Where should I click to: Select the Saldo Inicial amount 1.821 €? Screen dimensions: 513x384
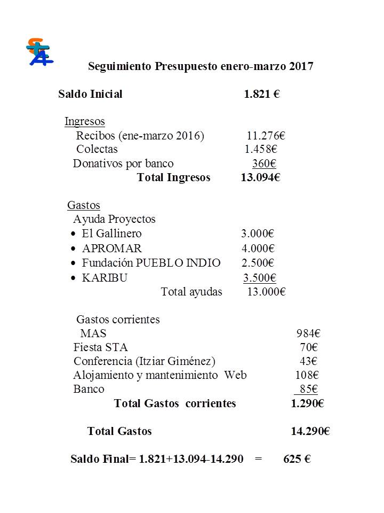262,95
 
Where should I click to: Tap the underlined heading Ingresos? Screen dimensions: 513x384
84,121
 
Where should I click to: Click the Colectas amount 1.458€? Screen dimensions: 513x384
261,149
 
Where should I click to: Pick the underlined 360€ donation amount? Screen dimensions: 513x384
264,164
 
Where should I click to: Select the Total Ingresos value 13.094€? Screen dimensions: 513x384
260,177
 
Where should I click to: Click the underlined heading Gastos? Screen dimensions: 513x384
84,205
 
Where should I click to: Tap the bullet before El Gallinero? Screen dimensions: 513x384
73,234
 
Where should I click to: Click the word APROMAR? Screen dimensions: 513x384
112,248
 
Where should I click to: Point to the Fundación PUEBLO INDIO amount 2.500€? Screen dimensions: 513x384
258,263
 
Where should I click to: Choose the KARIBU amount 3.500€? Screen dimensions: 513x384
260,278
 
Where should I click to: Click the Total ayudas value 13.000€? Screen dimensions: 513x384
267,292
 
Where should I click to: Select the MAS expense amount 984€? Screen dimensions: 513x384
308,333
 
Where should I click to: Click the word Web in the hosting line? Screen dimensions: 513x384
235,375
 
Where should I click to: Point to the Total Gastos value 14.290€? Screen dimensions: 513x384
310,431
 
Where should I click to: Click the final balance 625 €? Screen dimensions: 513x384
297,459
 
